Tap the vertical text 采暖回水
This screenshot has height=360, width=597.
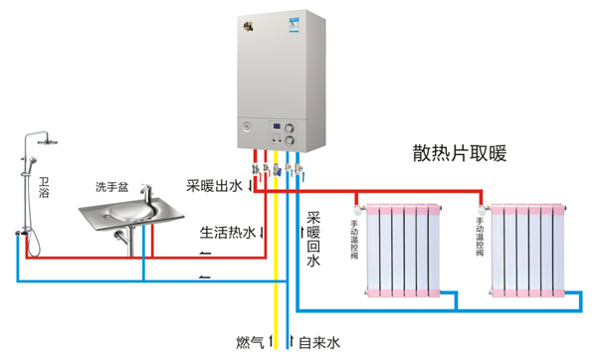(x=312, y=240)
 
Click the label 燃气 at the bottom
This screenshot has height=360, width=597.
(x=250, y=343)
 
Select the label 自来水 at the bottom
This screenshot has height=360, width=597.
(x=319, y=343)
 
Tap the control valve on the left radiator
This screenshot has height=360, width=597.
(x=357, y=211)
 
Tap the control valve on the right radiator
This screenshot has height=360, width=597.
(x=483, y=211)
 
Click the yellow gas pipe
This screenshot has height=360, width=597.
(x=276, y=278)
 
